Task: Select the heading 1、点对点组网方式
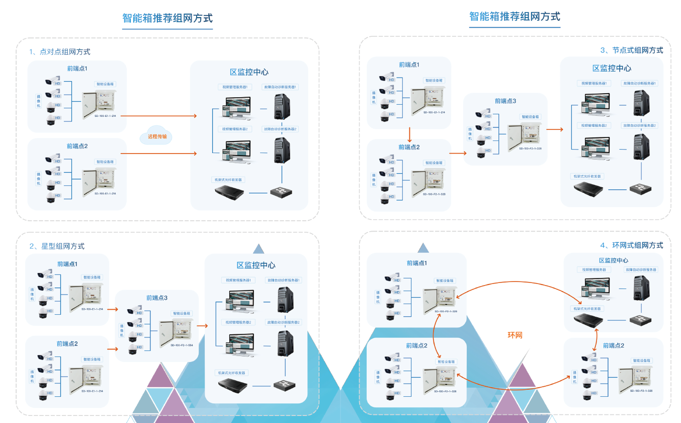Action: [60, 52]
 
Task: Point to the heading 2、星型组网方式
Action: [57, 246]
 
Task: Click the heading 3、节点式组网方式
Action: [632, 50]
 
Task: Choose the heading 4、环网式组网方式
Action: [631, 245]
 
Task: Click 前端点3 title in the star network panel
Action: [157, 298]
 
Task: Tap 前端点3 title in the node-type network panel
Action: [505, 101]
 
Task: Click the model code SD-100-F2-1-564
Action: [182, 345]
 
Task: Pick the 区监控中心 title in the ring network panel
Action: [613, 260]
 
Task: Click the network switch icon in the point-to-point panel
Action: [281, 192]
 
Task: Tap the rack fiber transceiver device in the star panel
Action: [233, 386]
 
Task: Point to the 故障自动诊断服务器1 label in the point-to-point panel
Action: [281, 87]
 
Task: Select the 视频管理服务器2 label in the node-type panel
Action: [594, 125]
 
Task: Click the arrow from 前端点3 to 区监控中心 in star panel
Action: [202, 326]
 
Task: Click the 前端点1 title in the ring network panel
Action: [416, 263]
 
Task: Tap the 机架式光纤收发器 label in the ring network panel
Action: [587, 309]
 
